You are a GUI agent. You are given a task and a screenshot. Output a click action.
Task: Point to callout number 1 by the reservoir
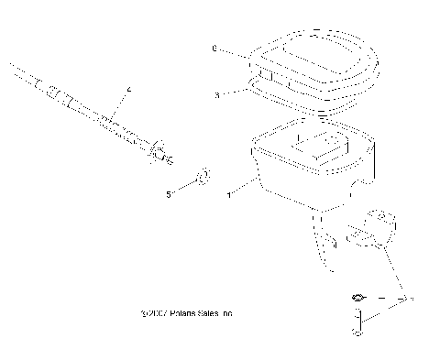(x=227, y=195)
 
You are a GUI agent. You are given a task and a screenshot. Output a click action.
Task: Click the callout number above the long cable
(x=129, y=88)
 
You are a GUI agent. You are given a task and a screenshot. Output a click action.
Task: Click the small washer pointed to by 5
(x=203, y=176)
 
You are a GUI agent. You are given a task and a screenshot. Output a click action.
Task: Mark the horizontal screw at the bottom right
(x=363, y=298)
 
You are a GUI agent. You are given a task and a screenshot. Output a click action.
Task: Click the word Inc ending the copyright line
(x=226, y=314)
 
